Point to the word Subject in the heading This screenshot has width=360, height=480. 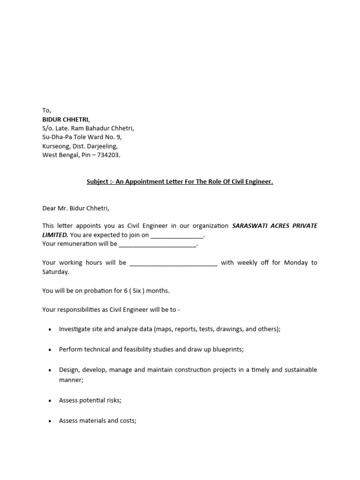pyautogui.click(x=97, y=182)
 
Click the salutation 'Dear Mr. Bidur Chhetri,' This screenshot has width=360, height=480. pyautogui.click(x=75, y=208)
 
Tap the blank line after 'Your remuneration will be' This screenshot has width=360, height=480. pyautogui.click(x=157, y=245)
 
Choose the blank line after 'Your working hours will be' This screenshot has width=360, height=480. pyautogui.click(x=173, y=263)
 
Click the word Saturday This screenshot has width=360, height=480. pyautogui.click(x=55, y=272)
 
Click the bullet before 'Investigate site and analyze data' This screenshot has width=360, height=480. pyautogui.click(x=50, y=330)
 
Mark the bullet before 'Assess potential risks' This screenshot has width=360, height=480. pyautogui.click(x=50, y=401)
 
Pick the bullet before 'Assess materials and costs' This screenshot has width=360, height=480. pyautogui.click(x=50, y=421)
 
